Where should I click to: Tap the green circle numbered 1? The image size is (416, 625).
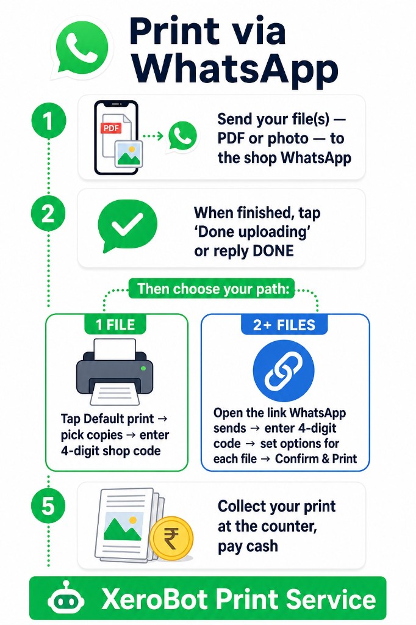[48, 120]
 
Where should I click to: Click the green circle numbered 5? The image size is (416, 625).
[48, 507]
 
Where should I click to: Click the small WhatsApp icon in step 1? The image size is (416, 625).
[182, 136]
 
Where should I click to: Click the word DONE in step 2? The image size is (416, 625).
[273, 251]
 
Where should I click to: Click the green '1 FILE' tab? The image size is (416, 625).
[115, 325]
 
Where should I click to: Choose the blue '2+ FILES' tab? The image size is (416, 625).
[284, 325]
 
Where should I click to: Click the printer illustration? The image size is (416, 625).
[115, 372]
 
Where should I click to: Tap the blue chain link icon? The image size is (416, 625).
[284, 370]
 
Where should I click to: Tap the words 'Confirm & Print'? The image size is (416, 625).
[316, 459]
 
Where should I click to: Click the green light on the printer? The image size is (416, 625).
[143, 367]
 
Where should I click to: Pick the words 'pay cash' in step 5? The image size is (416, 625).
[248, 546]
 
